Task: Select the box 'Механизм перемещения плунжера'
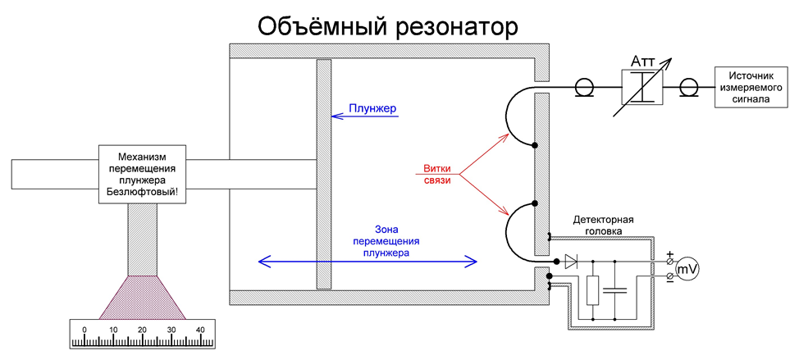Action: click(x=142, y=174)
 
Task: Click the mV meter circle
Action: click(x=687, y=268)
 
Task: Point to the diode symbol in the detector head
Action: click(x=572, y=262)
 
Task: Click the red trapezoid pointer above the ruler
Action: click(x=142, y=297)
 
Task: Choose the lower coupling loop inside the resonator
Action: click(x=520, y=231)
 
